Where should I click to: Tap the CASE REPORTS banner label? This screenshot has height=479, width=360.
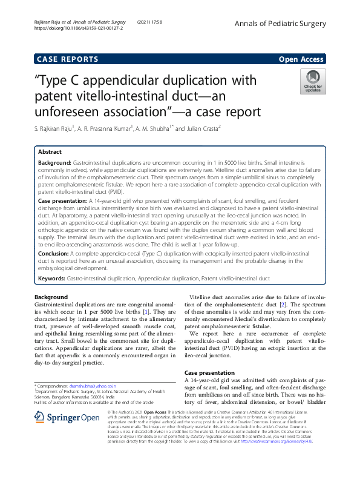coord(68,59)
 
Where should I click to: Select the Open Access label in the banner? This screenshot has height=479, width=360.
coord(301,59)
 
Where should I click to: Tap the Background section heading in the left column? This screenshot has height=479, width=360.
coord(52,297)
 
